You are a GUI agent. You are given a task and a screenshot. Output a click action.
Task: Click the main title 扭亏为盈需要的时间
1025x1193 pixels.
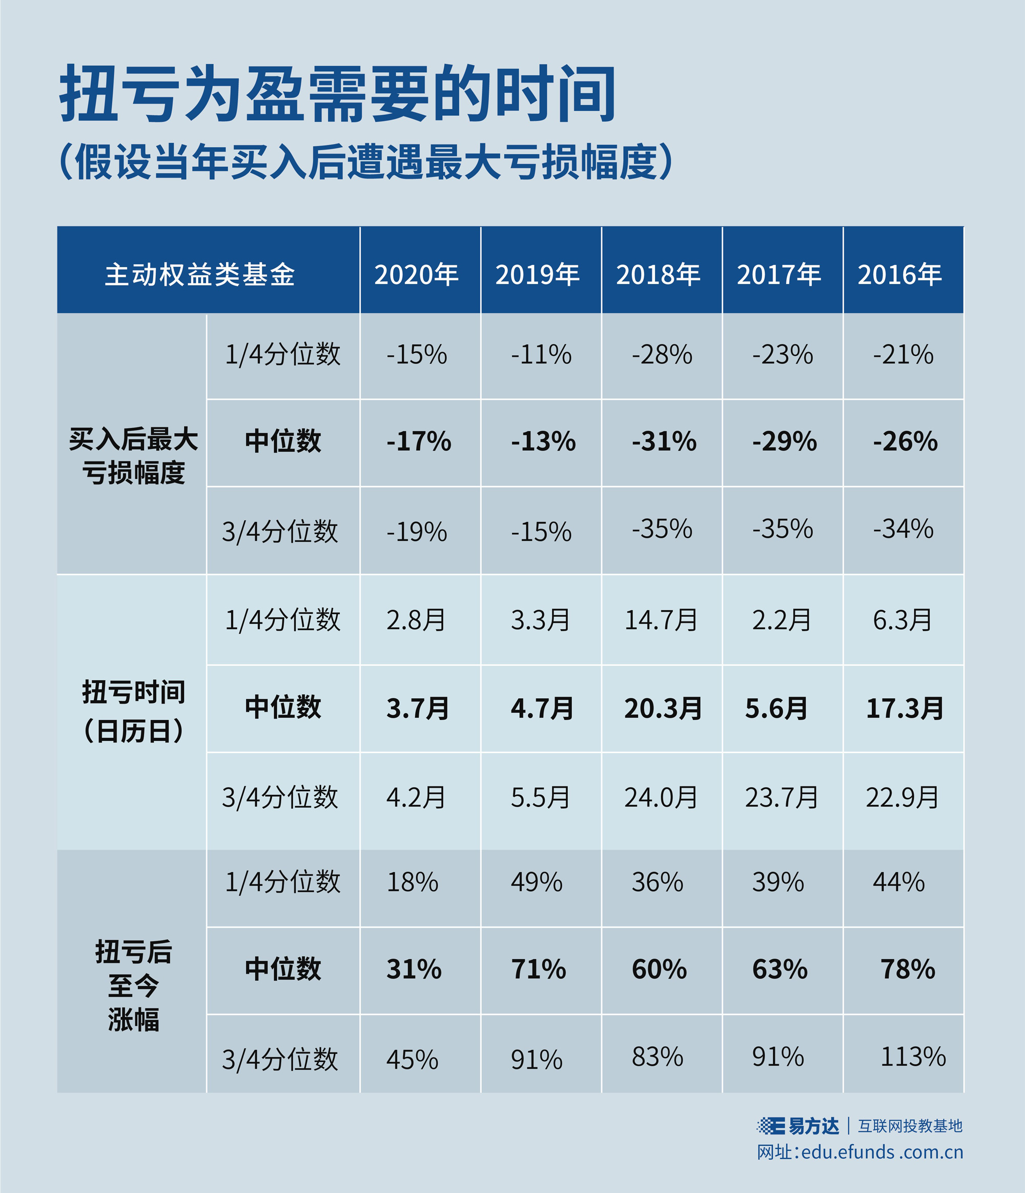[x=338, y=94]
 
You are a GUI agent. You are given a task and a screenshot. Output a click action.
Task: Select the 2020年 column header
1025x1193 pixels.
[x=417, y=275]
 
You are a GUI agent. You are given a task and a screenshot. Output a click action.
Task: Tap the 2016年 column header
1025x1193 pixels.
[x=899, y=275]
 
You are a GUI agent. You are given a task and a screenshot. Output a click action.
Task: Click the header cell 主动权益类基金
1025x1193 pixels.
[x=200, y=275]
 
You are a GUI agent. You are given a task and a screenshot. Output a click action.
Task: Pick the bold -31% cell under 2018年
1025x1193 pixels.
[x=664, y=441]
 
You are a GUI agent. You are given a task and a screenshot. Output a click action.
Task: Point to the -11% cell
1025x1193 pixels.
[x=541, y=354]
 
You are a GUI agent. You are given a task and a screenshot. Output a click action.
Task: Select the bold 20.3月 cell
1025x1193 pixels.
[x=663, y=708]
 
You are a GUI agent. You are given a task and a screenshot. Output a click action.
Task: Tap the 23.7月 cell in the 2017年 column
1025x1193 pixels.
[x=782, y=797]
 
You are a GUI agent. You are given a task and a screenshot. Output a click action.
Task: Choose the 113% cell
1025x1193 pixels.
[x=913, y=1057]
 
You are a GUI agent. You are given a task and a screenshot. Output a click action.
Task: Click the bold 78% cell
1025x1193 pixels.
[x=908, y=969]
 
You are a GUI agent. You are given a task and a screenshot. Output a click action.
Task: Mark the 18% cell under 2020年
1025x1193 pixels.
[x=412, y=882]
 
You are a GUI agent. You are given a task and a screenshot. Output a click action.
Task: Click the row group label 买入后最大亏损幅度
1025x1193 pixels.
[x=133, y=456]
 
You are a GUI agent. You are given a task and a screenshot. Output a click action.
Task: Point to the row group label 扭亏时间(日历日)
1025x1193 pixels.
[x=133, y=712]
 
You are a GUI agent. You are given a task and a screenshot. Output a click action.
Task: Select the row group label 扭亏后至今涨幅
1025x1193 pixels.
[x=133, y=985]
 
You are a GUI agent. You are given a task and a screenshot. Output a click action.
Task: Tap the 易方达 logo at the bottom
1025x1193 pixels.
[x=798, y=1126]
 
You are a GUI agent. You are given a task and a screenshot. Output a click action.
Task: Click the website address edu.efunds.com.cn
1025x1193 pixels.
[x=881, y=1152]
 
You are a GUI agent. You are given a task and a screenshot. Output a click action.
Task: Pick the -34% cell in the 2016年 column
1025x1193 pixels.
[x=903, y=529]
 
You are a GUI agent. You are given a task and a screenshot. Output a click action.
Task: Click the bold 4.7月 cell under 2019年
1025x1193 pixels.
[x=542, y=708]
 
